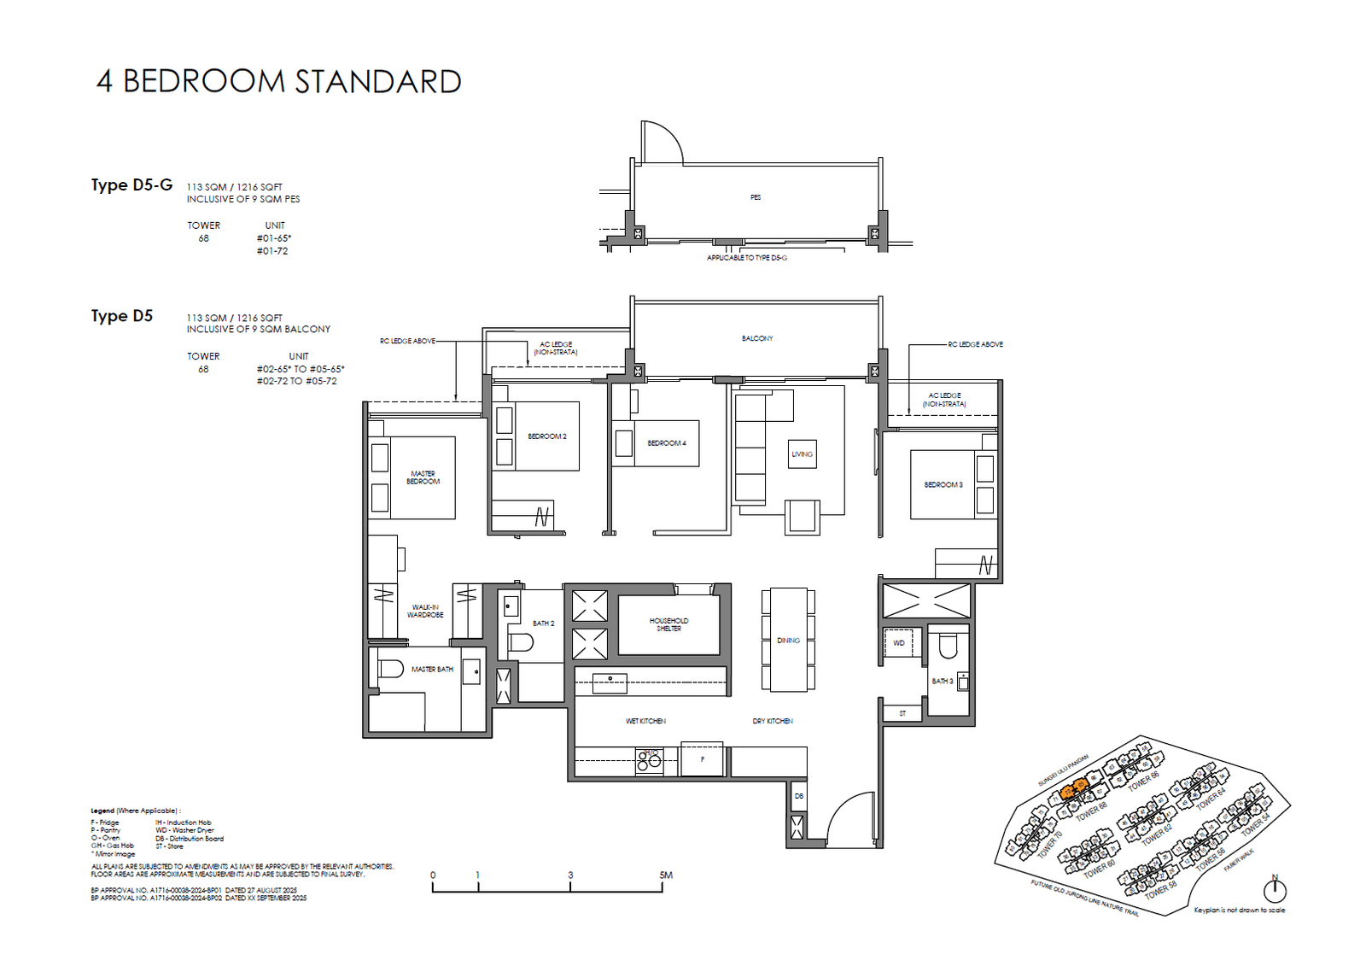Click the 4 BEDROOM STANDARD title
tap(279, 82)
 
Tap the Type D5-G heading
tap(131, 184)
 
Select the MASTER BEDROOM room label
tap(423, 477)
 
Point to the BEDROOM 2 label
tap(546, 436)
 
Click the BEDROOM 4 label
tap(666, 443)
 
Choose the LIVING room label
tap(802, 454)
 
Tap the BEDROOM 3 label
tap(943, 485)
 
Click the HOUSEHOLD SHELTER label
tap(668, 624)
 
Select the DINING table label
tap(788, 641)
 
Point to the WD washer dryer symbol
tap(899, 643)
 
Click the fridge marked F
tap(703, 759)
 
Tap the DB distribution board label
tap(799, 796)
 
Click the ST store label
tap(902, 713)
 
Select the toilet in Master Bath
tap(390, 668)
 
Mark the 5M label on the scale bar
tap(666, 875)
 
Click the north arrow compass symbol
tap(1275, 890)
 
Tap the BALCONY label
tap(757, 339)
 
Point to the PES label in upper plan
tap(756, 197)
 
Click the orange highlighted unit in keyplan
tap(1074, 787)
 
